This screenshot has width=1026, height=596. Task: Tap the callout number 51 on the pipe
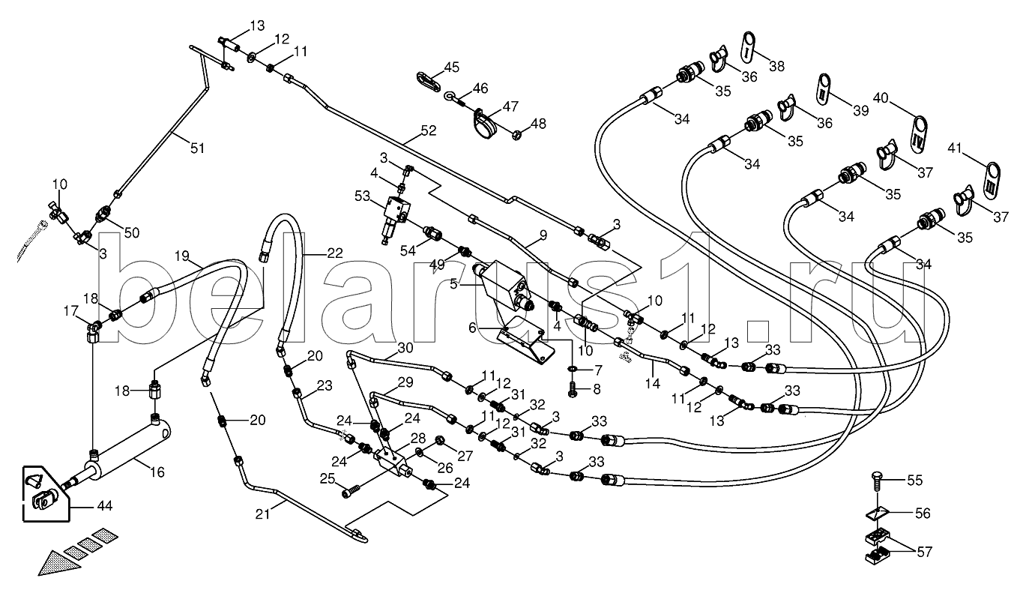196,148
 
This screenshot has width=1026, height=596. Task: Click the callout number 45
450,68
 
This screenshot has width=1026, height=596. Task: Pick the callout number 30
405,348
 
